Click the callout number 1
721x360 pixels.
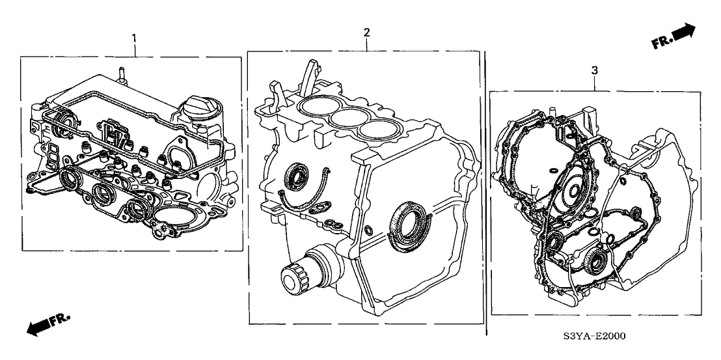coord(134,38)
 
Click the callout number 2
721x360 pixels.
coord(366,32)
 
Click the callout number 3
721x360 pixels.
coord(595,70)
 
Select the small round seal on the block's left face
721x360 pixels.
coord(297,176)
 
